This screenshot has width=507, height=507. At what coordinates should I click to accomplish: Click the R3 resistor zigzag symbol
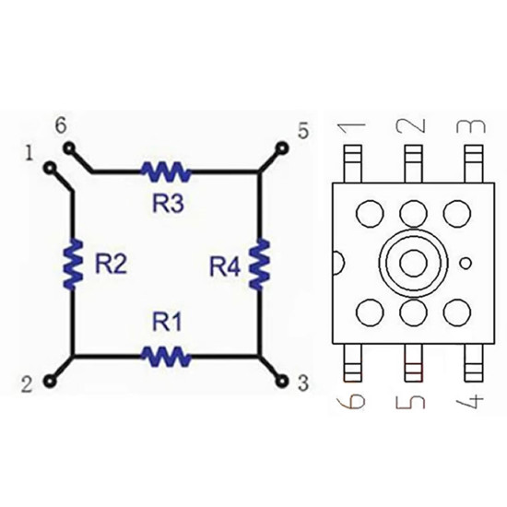[166, 171]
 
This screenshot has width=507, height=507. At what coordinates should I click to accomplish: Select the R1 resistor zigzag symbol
[166, 357]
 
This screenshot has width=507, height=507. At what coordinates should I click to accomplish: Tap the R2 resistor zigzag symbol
[73, 264]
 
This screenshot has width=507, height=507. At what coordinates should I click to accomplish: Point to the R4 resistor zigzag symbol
[259, 264]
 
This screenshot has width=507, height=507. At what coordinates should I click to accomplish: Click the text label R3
[168, 204]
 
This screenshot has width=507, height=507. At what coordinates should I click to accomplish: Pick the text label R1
[167, 322]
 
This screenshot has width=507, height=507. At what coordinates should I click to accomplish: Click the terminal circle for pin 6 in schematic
[69, 148]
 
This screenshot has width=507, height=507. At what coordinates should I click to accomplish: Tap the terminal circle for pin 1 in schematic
[50, 168]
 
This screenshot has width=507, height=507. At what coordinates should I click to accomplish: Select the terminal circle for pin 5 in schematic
[282, 148]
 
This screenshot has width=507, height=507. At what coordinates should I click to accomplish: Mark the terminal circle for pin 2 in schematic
[50, 382]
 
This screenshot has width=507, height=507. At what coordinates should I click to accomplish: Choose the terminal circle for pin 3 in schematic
[282, 382]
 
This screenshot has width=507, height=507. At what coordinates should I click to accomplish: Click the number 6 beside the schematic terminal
[61, 125]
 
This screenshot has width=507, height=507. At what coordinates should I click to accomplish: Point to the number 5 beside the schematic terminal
[303, 131]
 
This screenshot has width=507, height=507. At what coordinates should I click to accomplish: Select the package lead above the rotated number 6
[352, 363]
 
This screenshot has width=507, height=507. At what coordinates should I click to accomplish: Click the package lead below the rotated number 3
[474, 163]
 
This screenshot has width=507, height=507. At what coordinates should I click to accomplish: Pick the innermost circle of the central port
[413, 264]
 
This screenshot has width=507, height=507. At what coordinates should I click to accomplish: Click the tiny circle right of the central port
[466, 264]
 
